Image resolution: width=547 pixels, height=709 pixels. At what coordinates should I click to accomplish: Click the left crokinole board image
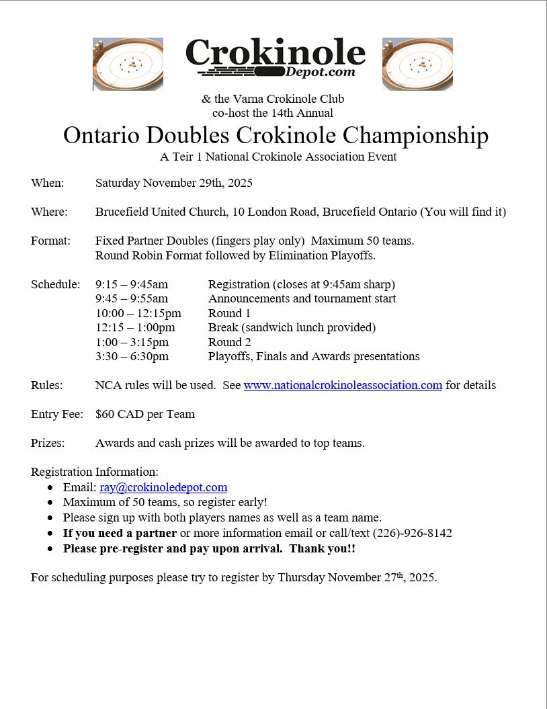128,64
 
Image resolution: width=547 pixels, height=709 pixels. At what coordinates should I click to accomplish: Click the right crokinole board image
417,64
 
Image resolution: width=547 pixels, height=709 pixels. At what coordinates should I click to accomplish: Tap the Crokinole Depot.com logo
275,58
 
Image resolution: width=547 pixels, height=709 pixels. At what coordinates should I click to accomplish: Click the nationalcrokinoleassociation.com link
343,386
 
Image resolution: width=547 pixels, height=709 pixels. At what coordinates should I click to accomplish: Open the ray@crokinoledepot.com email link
163,488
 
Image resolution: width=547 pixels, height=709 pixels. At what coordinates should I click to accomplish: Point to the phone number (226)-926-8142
412,534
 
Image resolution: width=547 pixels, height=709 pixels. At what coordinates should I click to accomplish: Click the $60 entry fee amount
104,415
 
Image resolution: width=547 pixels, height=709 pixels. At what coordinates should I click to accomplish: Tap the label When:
48,183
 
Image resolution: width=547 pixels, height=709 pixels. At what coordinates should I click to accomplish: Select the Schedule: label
55,285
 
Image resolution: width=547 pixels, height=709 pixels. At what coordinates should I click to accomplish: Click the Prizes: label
48,444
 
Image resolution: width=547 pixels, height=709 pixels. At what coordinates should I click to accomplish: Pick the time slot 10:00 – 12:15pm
138,314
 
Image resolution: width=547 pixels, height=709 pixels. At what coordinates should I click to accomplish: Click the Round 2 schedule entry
229,342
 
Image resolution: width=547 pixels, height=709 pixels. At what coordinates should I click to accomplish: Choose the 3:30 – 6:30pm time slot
132,357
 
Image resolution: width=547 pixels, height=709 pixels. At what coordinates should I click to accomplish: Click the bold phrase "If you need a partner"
120,534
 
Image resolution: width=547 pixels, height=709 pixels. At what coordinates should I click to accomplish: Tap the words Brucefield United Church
161,212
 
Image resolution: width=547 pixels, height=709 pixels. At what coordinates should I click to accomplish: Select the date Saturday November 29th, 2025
174,183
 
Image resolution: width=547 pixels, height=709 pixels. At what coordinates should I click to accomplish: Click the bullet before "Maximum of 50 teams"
50,503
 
